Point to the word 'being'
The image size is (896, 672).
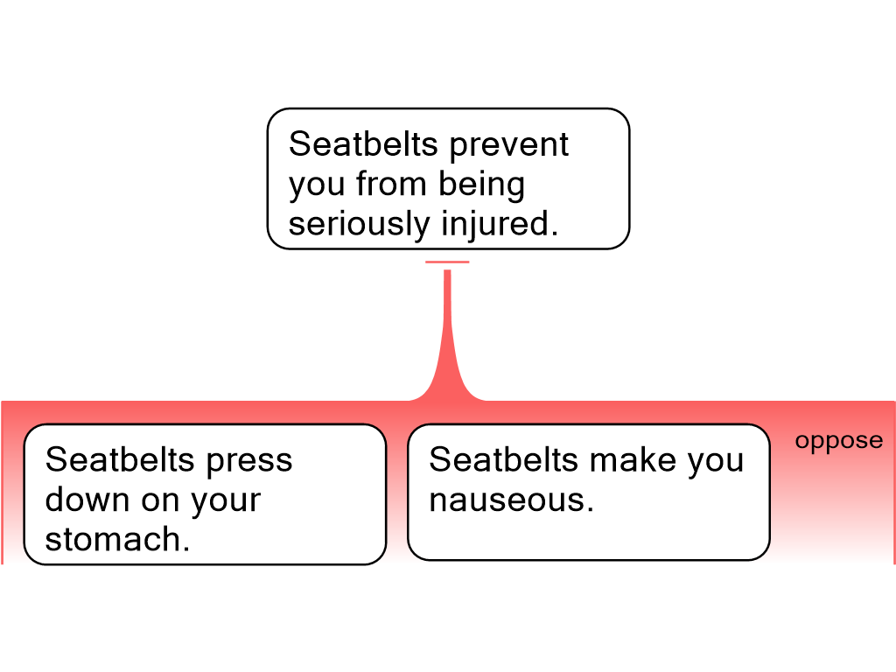pos(481,185)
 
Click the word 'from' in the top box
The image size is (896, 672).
pos(391,184)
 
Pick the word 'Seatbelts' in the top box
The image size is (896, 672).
pos(365,143)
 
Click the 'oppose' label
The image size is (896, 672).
pos(838,441)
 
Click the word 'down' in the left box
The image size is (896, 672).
pos(87,500)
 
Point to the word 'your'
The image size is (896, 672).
pos(226,502)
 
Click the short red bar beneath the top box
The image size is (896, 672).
pos(447,262)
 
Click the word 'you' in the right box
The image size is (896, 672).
pos(716,462)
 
